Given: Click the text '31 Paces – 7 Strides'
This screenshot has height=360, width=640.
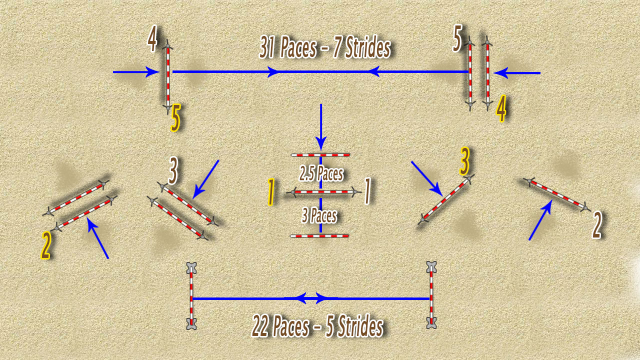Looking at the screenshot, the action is [x=325, y=47].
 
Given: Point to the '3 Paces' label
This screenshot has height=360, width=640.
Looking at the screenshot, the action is [x=319, y=215].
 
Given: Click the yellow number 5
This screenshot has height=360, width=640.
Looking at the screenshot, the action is [x=175, y=117].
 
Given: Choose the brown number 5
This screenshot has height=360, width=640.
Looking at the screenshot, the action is [x=457, y=38].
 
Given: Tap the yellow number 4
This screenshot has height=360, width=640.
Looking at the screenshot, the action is [x=501, y=109].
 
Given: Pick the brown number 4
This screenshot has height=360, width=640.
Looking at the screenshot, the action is [x=152, y=38].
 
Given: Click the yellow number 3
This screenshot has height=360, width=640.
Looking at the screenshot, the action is [x=464, y=161].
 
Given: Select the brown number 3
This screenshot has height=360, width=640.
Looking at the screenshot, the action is [x=173, y=170].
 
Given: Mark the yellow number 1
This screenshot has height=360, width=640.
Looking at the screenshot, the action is [x=271, y=191].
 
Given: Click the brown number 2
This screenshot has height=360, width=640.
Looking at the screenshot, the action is [x=596, y=225].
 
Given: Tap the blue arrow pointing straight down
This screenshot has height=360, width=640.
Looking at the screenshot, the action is [x=321, y=127].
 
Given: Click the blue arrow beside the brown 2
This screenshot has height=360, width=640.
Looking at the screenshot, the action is [x=540, y=219].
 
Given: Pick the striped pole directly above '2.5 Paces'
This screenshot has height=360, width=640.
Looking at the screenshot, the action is [x=320, y=155].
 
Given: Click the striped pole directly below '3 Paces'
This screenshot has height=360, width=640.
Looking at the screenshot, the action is [x=319, y=236].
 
